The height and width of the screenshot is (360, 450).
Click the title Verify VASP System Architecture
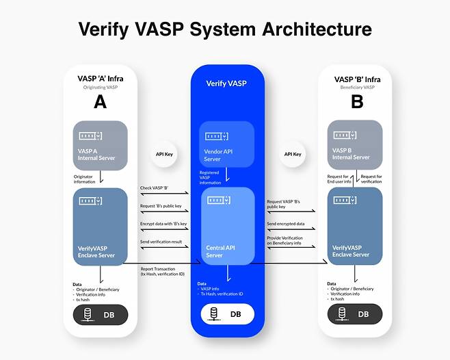[x=225, y=29]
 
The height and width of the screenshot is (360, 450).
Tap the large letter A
[x=100, y=103]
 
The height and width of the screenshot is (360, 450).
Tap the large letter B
[x=356, y=103]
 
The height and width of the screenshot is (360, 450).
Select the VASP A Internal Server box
[x=101, y=145]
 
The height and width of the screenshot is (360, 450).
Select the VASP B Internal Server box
[x=354, y=145]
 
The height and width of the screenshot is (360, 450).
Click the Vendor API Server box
[x=226, y=144]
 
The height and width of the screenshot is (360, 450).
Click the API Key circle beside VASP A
[x=164, y=155]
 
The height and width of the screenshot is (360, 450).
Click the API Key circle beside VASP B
[x=293, y=155]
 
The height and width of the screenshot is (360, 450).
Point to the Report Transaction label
[x=161, y=270]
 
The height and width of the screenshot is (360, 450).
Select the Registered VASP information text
[x=210, y=177]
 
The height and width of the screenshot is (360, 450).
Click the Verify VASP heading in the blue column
[x=226, y=83]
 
